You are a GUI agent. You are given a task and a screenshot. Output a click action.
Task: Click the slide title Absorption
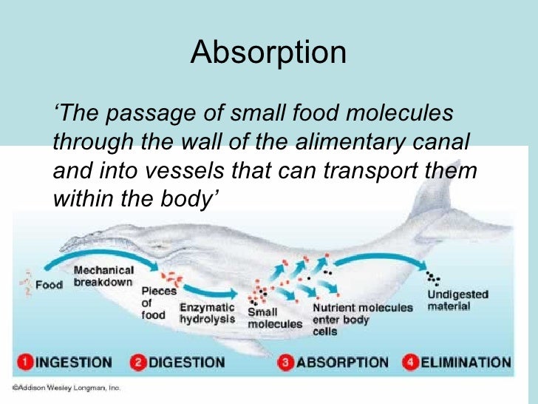[268, 53]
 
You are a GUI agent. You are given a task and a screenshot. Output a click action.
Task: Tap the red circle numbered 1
[26, 363]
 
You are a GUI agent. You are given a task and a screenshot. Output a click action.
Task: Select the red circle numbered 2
[139, 363]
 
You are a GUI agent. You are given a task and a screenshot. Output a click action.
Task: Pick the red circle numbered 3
[287, 363]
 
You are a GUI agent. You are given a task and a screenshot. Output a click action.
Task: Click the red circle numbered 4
[411, 363]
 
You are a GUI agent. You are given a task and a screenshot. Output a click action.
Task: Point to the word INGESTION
[74, 363]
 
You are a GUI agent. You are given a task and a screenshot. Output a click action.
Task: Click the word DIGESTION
[186, 363]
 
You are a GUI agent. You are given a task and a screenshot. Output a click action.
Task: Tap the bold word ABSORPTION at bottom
[342, 363]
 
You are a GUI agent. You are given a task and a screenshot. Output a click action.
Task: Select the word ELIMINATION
[466, 363]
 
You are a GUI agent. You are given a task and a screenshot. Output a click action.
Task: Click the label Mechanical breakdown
[103, 277]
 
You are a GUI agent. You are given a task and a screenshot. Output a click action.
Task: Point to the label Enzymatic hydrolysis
[207, 313]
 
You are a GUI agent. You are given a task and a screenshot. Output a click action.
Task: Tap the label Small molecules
[275, 318]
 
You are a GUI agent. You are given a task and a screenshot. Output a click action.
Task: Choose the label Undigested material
[457, 300]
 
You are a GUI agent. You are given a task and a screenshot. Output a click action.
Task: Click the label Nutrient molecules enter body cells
[362, 319]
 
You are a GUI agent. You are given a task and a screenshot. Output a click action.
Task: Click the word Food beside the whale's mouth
[49, 285]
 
